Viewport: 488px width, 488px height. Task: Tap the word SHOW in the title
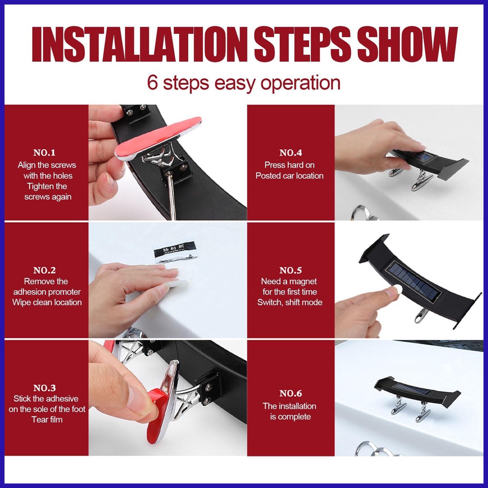[407, 44]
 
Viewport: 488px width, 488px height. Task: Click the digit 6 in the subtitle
[152, 82]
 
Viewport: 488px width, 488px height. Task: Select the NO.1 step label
[44, 152]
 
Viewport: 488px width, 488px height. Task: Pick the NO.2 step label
[44, 270]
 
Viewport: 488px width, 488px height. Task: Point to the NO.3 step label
[44, 388]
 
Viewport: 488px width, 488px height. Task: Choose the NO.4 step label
[291, 152]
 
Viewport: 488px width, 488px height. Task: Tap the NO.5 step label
[291, 270]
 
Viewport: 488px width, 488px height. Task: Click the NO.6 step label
[291, 393]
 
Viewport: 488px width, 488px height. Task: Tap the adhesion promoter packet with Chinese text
[176, 250]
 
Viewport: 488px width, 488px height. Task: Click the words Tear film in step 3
[47, 419]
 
